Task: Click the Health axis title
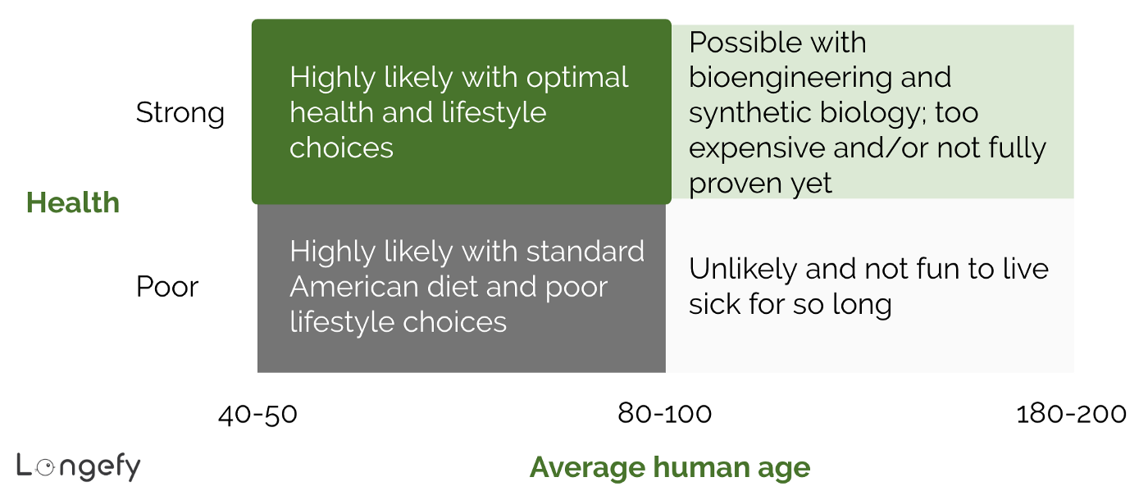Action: point(73,202)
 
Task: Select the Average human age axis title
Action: point(669,467)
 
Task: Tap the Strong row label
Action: point(180,112)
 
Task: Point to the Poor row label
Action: point(167,287)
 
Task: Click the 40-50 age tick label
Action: point(257,414)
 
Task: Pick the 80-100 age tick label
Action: point(664,414)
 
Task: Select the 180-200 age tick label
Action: point(1071,414)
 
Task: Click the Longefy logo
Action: point(79,466)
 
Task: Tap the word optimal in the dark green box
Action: point(576,78)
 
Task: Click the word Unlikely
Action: point(742,269)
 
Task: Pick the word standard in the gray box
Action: point(585,252)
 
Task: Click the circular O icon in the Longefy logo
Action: point(47,466)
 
